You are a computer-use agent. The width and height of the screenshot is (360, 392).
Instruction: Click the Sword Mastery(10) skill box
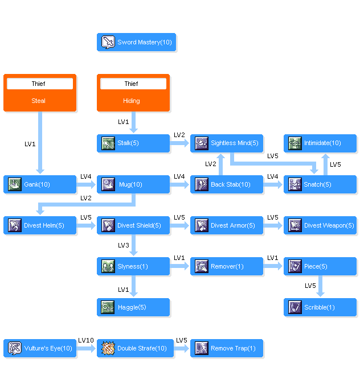click(x=136, y=42)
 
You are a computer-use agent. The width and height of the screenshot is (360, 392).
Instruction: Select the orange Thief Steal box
click(x=39, y=93)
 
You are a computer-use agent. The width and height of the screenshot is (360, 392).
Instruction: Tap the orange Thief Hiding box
click(x=133, y=93)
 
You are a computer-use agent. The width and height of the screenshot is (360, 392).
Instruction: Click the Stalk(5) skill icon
click(x=108, y=143)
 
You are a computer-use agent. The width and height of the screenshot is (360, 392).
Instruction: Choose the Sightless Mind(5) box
click(x=227, y=143)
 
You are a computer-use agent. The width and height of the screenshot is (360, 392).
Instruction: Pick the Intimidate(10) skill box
click(x=320, y=143)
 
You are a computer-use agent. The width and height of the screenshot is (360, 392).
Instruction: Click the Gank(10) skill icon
click(x=15, y=184)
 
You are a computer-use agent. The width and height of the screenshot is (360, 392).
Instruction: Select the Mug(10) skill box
click(x=133, y=184)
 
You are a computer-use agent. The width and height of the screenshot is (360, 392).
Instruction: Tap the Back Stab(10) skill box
click(x=227, y=184)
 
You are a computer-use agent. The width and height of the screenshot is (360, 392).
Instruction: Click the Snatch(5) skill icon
click(x=295, y=184)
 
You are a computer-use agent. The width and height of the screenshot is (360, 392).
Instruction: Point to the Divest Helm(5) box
click(x=39, y=225)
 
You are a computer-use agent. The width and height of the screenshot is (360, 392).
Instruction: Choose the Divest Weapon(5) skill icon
click(x=295, y=225)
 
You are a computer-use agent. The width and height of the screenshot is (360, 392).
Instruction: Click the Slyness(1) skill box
click(x=133, y=266)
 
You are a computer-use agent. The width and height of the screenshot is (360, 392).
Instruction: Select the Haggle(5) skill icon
click(x=108, y=307)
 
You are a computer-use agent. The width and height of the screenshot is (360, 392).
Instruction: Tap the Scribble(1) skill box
click(x=320, y=307)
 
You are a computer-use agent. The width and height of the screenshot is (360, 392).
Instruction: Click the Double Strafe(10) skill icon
click(x=108, y=348)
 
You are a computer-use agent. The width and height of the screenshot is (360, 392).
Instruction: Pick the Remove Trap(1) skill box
click(x=227, y=348)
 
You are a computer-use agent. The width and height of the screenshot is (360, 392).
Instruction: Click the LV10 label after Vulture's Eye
click(x=86, y=340)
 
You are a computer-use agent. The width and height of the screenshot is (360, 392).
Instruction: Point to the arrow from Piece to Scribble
click(x=320, y=286)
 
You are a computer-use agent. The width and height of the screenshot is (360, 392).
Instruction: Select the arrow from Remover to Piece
click(x=273, y=266)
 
